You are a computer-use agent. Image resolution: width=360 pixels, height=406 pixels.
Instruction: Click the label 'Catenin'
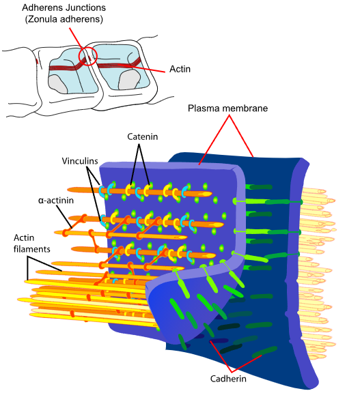point(142,136)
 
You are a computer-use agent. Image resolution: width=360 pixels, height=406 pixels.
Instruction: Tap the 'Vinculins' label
point(80,161)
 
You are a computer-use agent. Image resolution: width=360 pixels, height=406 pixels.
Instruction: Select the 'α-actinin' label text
point(56,201)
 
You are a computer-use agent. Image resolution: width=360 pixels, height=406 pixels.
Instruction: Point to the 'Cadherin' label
point(228,379)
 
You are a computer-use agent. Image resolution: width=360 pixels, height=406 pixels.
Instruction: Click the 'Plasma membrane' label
point(228,108)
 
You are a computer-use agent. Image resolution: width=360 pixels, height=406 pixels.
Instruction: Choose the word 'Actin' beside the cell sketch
point(180,69)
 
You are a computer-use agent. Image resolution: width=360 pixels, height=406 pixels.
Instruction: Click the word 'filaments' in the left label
point(31,249)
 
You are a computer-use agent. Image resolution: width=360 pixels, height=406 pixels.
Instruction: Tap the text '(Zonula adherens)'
point(64,19)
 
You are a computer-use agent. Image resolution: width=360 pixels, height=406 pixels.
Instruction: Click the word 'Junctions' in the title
point(85,8)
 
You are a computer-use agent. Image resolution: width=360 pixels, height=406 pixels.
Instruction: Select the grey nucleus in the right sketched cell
point(129,80)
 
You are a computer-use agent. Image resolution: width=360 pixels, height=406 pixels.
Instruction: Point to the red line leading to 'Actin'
point(141,68)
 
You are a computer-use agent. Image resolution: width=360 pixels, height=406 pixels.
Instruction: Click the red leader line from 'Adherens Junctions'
point(76,38)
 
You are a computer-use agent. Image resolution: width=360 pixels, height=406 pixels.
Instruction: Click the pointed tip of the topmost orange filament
point(211,194)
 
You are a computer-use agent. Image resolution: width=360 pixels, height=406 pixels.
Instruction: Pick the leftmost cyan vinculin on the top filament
point(102,191)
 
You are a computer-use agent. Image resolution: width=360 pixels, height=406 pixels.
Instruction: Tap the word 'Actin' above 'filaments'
point(24,237)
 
